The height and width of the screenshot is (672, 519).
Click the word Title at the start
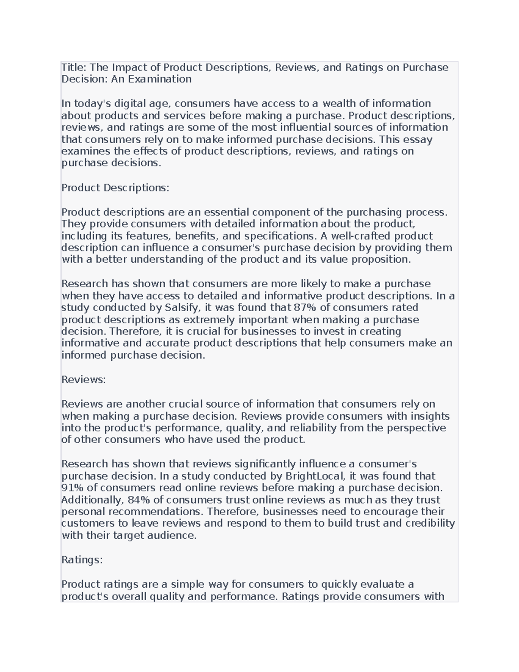click(x=73, y=68)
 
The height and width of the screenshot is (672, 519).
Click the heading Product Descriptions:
click(x=115, y=188)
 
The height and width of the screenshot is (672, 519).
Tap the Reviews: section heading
click(x=83, y=379)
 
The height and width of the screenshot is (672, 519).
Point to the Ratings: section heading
click(x=82, y=560)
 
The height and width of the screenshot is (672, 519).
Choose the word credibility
click(x=430, y=524)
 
